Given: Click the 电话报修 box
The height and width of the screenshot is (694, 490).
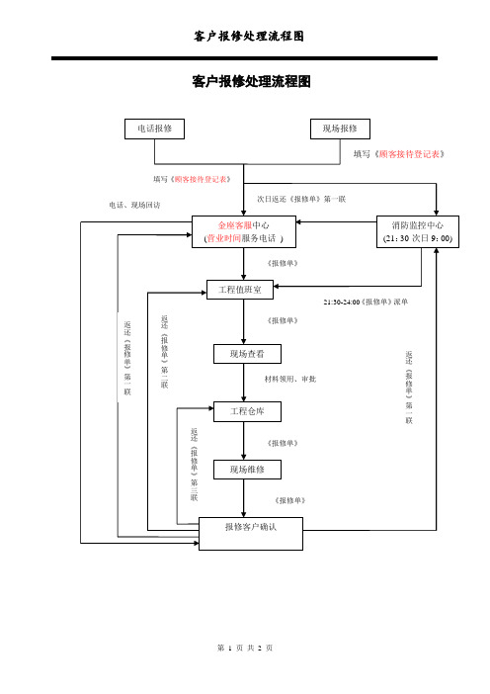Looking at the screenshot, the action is tap(154, 129).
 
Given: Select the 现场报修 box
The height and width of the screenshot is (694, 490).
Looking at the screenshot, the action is tap(340, 129).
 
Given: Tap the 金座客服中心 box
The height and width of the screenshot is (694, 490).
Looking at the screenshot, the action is tap(244, 231).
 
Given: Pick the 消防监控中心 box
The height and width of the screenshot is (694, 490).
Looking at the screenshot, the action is tap(418, 231).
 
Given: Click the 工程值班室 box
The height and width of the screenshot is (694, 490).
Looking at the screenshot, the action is tap(240, 290).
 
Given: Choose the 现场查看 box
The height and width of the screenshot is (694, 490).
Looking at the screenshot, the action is tap(247, 354).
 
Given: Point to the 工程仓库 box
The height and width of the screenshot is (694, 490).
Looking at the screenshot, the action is tap(247, 411).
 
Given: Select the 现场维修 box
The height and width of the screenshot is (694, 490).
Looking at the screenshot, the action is tap(247, 470).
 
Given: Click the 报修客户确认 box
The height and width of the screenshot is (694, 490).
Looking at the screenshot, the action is tap(251, 534).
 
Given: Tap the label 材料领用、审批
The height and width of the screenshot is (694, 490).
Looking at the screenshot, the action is tap(290, 379).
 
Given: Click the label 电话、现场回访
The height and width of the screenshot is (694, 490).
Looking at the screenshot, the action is tap(135, 205).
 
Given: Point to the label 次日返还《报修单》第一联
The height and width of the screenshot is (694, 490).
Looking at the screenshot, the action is tap(301, 199).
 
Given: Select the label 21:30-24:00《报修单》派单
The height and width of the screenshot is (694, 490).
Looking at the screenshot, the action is tap(366, 302).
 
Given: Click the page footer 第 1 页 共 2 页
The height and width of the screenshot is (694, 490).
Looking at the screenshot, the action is tap(245, 648).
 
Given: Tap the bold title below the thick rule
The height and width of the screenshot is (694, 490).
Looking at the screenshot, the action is tap(251, 81).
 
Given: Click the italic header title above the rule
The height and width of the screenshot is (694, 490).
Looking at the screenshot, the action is tap(249, 36).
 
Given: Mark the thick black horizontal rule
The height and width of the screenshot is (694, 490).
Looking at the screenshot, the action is tap(245, 58).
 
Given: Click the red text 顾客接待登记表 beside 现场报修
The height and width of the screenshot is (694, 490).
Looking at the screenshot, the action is tap(410, 154).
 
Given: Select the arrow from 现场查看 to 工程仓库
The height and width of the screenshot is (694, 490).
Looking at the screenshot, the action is tap(244, 383).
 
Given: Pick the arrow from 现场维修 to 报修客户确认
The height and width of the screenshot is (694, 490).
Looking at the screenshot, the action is tap(244, 498).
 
